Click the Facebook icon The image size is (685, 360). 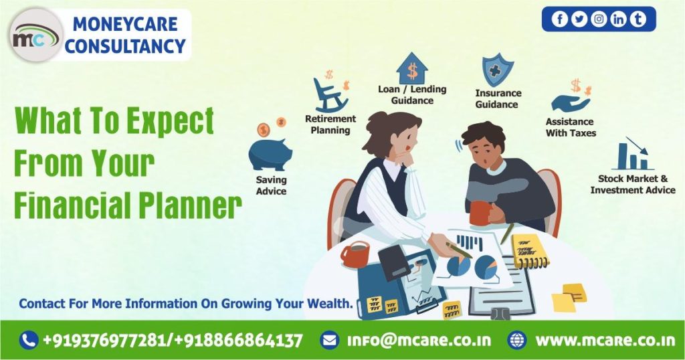coord(560,19)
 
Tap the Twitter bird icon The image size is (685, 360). coord(579,19)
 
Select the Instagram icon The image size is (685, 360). coord(599,19)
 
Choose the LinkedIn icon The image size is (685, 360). coord(618,19)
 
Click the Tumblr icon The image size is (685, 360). coord(638,19)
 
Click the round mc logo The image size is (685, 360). coord(36,35)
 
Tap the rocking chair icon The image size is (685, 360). coord(330,95)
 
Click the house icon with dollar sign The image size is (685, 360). coord(412,68)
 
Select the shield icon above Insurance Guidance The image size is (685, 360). coord(498,72)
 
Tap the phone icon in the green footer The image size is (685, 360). coord(29,341)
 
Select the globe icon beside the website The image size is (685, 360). coord(517,341)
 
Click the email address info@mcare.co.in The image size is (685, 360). coord(419,341)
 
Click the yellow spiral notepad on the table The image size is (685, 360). coord(530,251)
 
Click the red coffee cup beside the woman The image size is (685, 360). coord(355,254)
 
